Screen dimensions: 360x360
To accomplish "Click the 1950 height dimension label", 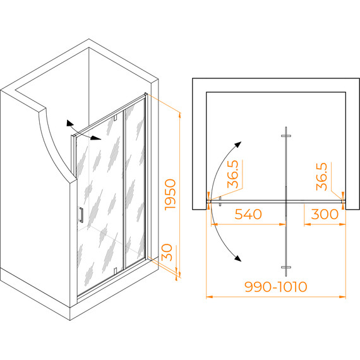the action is (171, 195).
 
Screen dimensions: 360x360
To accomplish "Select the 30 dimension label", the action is (167, 253).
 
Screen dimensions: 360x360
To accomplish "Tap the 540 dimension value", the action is (248, 214).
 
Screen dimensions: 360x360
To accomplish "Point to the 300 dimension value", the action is (325, 214).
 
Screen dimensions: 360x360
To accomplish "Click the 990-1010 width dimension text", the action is (276, 287).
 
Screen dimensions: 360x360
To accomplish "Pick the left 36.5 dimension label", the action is (233, 174).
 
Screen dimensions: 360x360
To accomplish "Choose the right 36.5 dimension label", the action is (321, 177).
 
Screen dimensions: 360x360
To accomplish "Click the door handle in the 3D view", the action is (81, 215).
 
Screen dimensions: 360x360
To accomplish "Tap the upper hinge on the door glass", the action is (115, 117).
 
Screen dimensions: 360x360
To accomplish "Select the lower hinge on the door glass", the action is (115, 270).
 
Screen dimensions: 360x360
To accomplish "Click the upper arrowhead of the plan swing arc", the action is (238, 145).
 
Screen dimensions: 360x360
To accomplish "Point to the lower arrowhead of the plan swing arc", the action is (238, 258).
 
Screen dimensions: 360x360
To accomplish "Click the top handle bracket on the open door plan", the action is (286, 136).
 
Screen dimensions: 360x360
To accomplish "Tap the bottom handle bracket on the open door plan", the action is (286, 267).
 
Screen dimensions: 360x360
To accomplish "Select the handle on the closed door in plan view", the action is (220, 201).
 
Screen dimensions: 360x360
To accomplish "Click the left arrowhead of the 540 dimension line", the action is (214, 224).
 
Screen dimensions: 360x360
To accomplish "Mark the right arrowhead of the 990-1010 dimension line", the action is (342, 297).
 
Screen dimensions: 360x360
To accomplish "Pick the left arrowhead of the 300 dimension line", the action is (307, 224).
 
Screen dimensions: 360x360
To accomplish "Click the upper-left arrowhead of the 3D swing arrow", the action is (69, 123).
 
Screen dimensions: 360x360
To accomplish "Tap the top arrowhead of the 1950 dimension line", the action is (180, 115).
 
